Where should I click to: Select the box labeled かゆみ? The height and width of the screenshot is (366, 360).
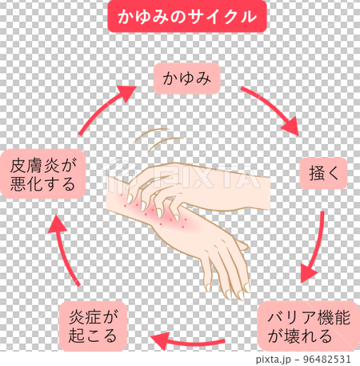186,78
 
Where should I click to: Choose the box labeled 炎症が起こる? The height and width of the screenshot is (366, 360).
94,325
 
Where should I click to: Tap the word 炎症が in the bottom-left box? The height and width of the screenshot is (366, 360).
94,316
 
